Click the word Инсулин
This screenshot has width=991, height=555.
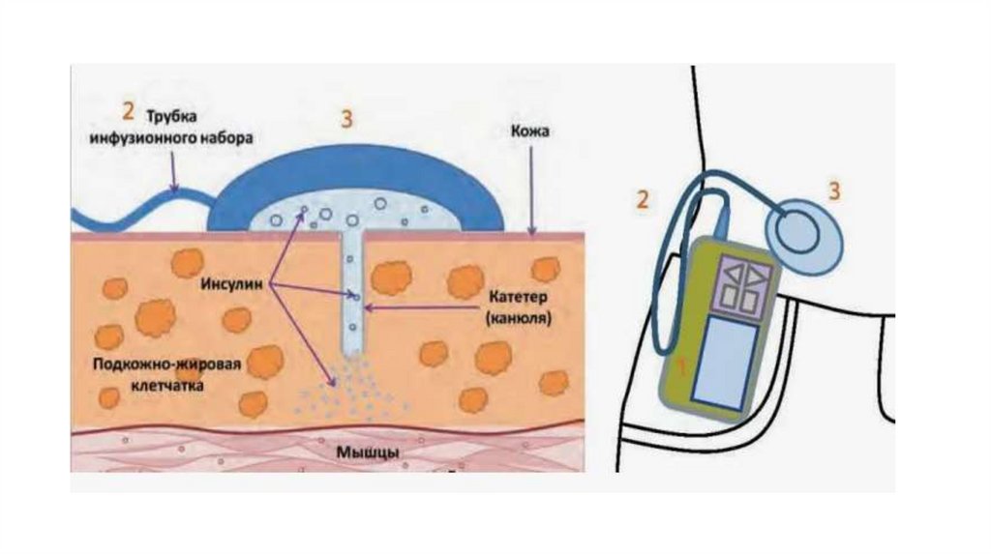point(229,286)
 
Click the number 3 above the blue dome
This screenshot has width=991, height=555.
point(345,119)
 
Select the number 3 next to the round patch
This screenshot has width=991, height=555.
point(834,190)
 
